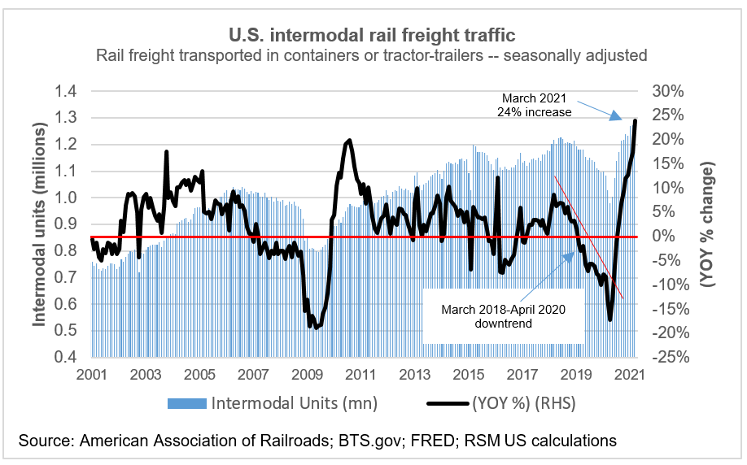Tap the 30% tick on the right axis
[x=666, y=91]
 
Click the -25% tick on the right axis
[x=665, y=357]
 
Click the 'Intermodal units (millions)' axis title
[x=39, y=224]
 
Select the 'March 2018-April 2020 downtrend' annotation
[x=502, y=316]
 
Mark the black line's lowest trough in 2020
[x=610, y=319]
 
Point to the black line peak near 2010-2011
[x=348, y=141]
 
